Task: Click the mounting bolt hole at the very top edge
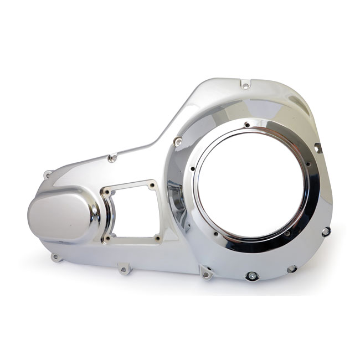tap(245, 85)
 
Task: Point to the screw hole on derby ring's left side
tap(192, 168)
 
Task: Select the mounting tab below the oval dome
tap(55, 256)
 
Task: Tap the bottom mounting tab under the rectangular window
tap(123, 270)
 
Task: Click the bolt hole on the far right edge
tap(326, 231)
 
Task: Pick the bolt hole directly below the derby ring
tap(253, 275)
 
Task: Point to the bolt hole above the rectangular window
tap(112, 158)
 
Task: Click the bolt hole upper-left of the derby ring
tap(177, 142)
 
